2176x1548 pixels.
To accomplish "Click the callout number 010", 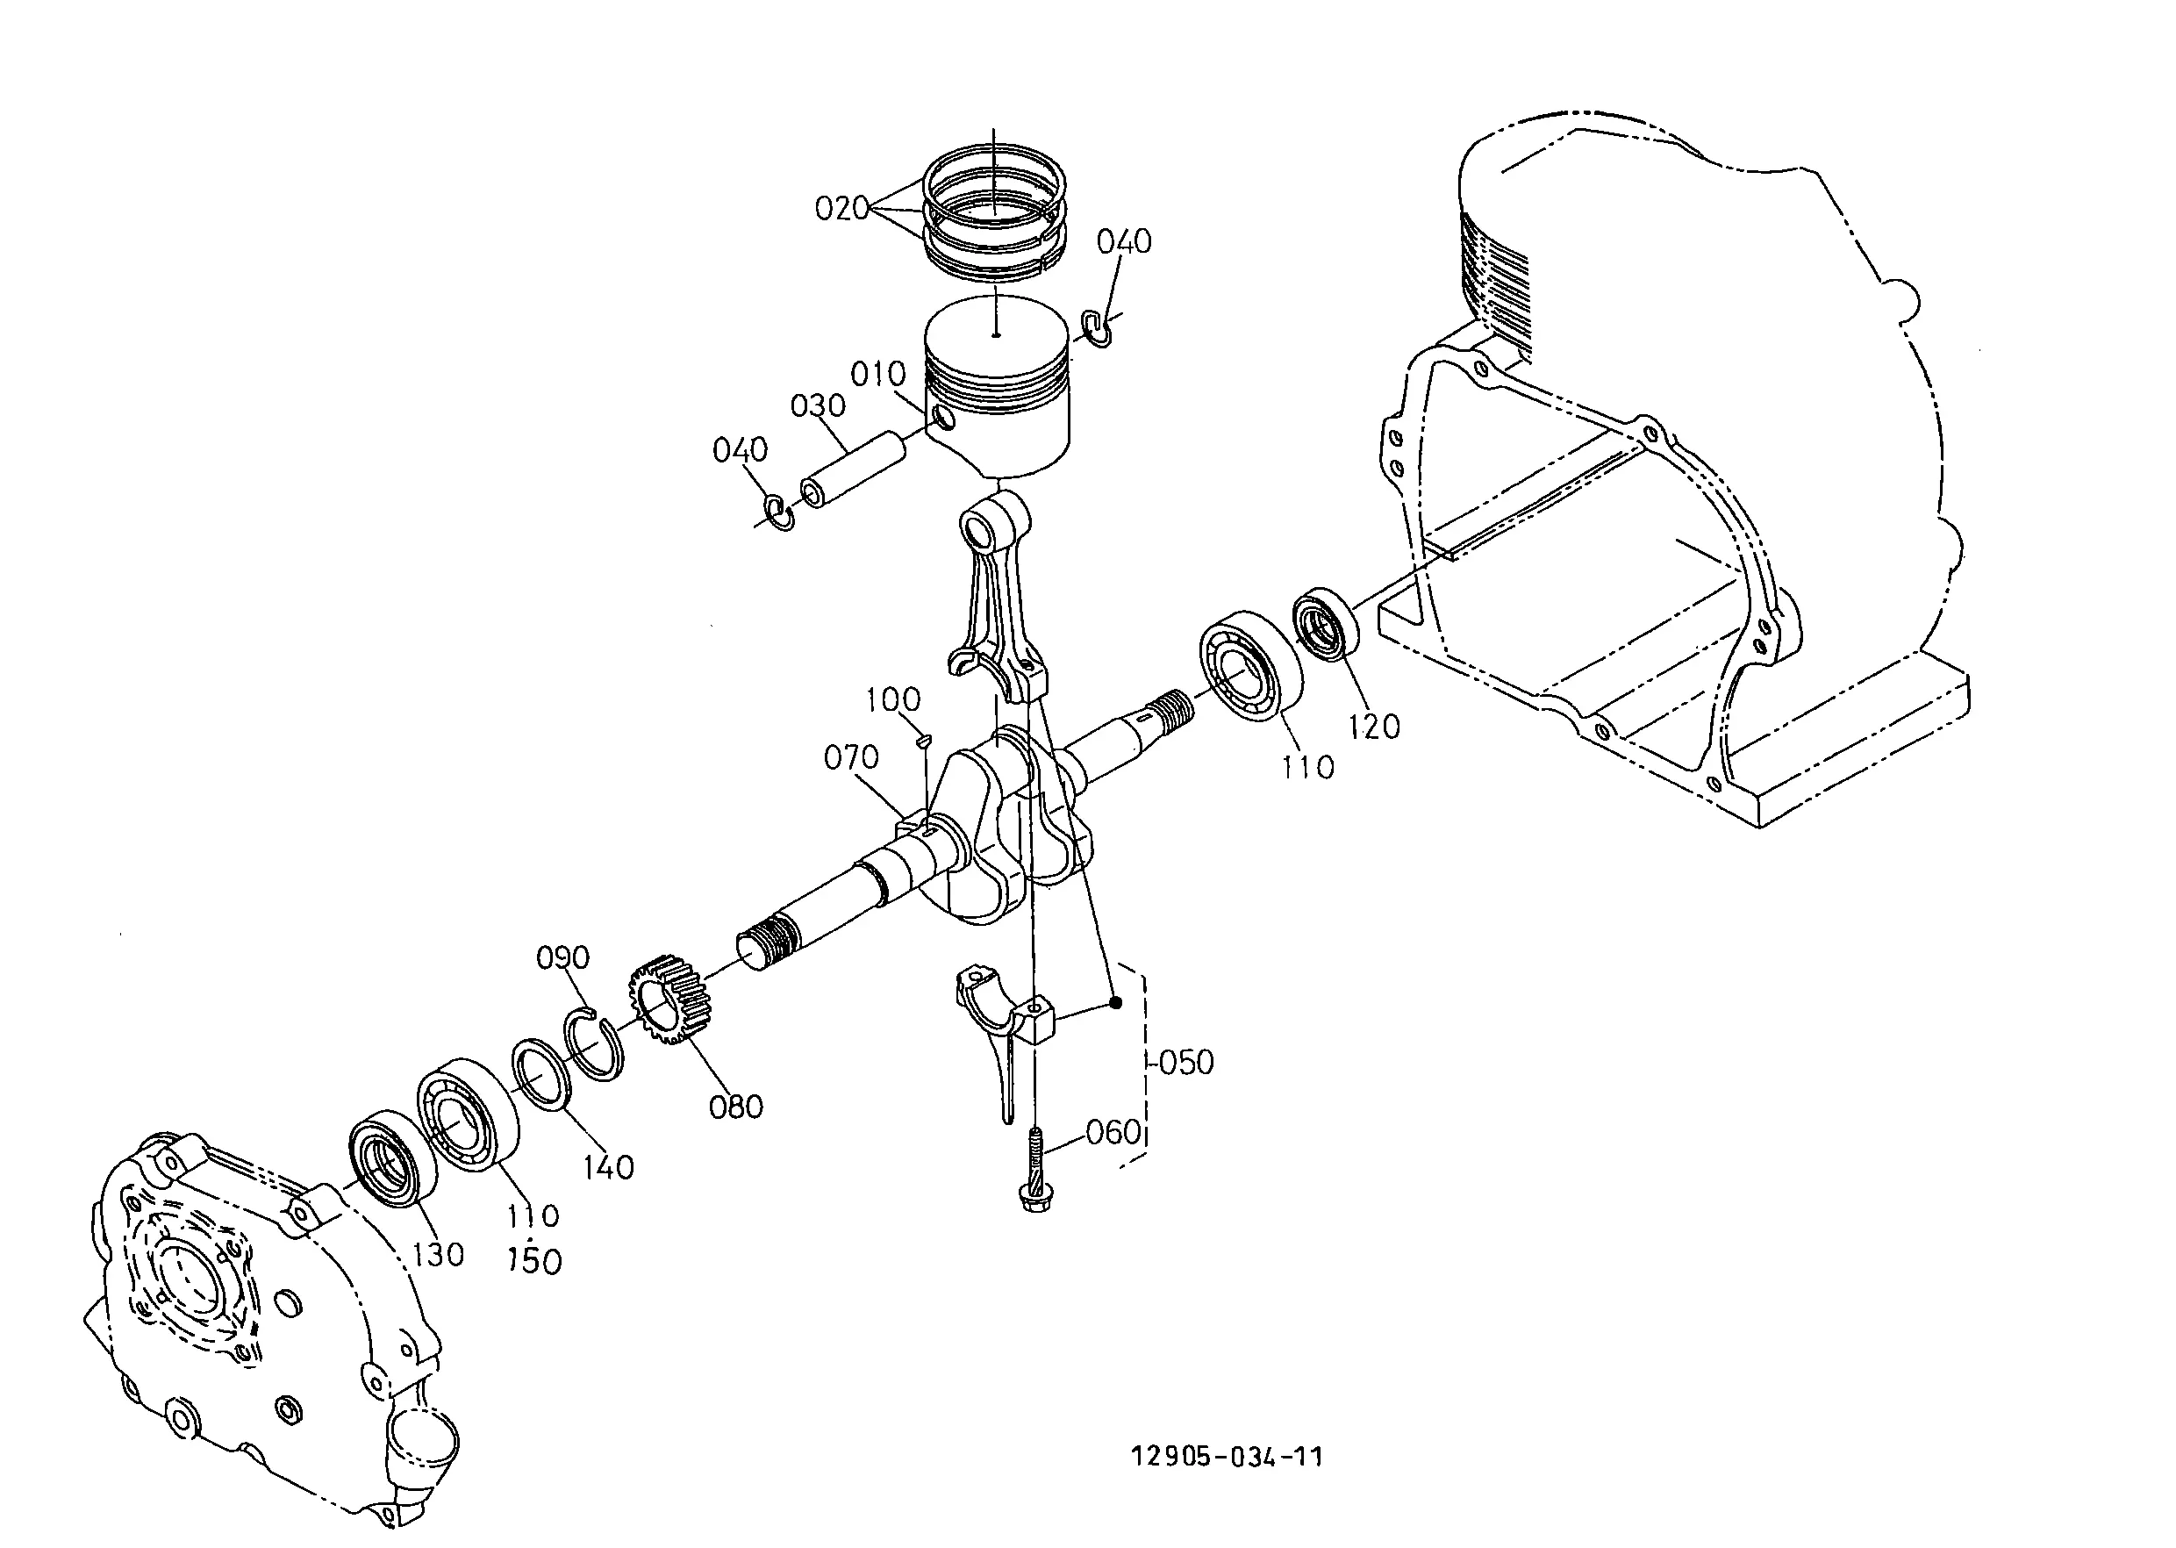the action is pos(877,374).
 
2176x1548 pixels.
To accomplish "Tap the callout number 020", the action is pos(841,208).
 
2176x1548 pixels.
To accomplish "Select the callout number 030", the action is pos(818,406).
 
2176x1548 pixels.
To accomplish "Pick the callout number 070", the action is pos(851,758).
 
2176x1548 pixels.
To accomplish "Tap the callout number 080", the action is pos(736,1107).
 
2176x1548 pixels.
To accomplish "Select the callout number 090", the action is pos(562,957).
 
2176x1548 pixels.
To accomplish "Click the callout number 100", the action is pos(893,699).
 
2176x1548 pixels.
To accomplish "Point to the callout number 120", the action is pos(1373,727).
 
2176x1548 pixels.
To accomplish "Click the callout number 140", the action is pos(608,1167).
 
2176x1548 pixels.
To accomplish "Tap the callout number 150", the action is pos(534,1261).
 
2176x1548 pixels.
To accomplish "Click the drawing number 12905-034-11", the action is pos(1227,1457).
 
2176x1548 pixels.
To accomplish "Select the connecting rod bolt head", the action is pos(1038,1199).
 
